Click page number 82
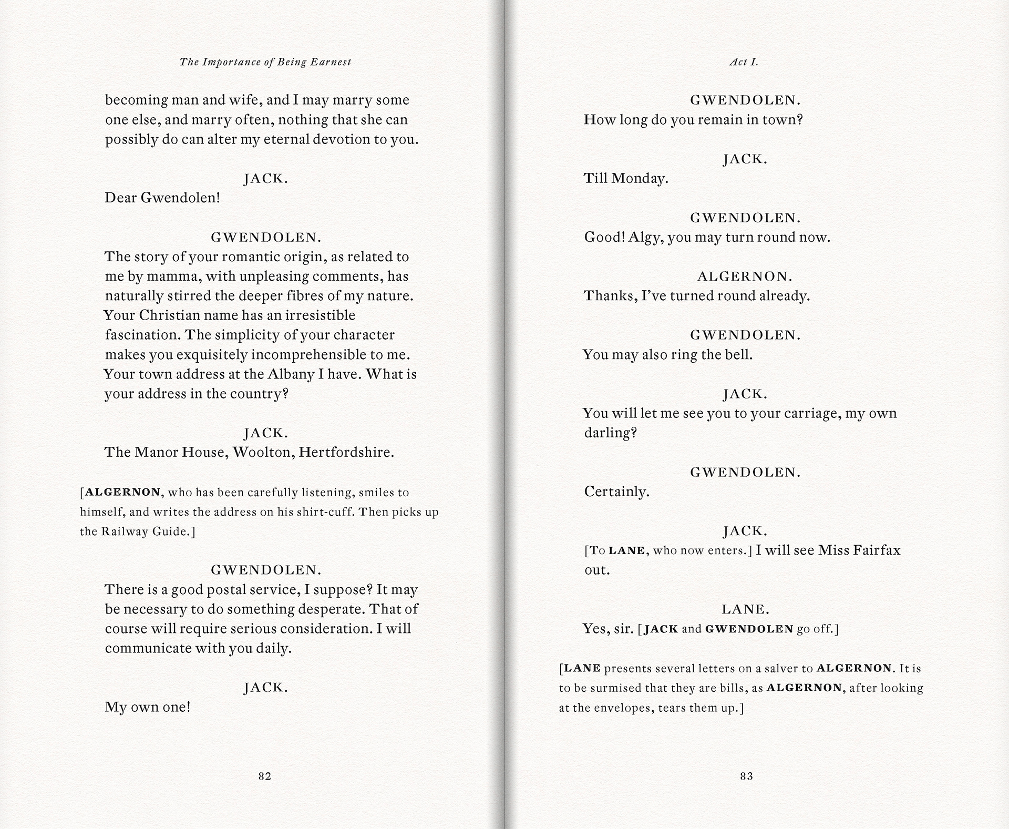[x=264, y=776]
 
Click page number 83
[x=746, y=776]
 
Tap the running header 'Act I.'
[x=744, y=62]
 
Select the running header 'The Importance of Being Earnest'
[x=265, y=62]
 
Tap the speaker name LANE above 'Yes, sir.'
[x=745, y=609]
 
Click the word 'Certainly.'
[x=616, y=492]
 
